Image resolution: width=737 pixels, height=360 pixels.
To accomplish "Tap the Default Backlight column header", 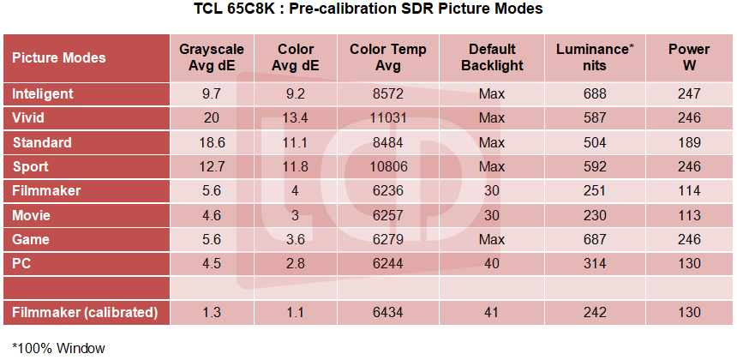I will point(492,57).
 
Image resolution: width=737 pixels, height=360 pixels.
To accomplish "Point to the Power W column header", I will point(688,57).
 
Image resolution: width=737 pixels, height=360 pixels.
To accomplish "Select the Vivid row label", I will point(29,118).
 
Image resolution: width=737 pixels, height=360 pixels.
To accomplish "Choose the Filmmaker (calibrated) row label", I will point(85,313).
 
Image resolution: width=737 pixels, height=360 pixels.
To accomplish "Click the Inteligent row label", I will point(43,93).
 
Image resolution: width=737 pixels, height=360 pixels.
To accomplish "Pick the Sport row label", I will point(30,166).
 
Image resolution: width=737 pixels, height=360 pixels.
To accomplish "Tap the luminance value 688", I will point(595,93).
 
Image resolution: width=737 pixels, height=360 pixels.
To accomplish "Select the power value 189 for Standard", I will point(688,142).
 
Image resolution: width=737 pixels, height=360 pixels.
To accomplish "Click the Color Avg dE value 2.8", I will point(296,264).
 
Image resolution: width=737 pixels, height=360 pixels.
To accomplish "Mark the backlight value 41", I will point(492,313).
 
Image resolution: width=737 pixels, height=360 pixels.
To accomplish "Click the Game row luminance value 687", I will point(595,240).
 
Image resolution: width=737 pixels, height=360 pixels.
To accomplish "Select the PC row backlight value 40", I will point(492,264).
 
